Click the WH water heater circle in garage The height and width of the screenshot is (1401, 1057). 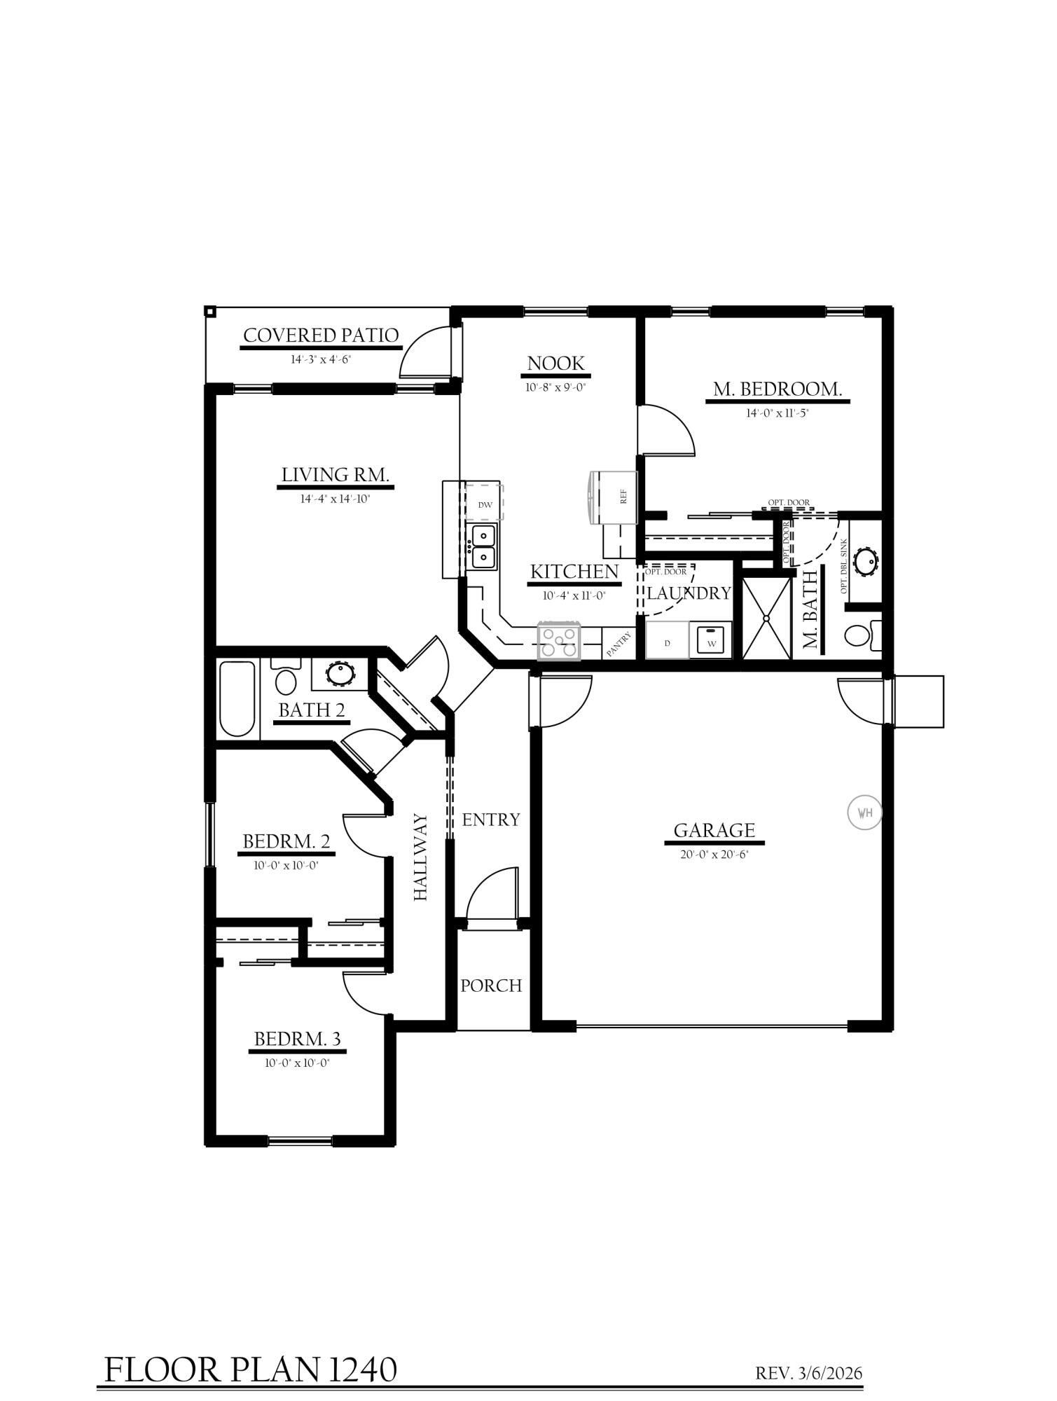click(864, 813)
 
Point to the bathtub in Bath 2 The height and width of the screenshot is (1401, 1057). click(237, 698)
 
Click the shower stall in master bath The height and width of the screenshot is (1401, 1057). click(766, 619)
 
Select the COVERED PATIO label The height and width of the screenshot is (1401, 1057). click(321, 336)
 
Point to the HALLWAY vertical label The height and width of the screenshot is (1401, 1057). click(420, 857)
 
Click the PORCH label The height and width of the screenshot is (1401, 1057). click(491, 986)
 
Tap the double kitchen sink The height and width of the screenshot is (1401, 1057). click(483, 547)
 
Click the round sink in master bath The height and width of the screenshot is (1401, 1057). click(866, 562)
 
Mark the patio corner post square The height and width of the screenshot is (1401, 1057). click(209, 310)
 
